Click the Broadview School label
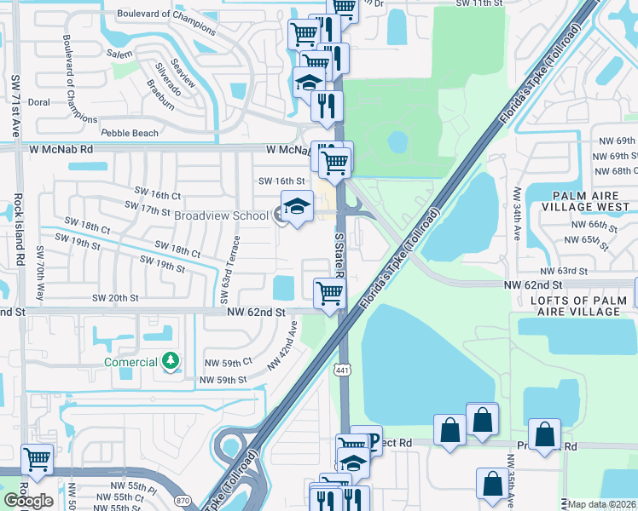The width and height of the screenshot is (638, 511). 220,215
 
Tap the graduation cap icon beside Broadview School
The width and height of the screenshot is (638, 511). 297,208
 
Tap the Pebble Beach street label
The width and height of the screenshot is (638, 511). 130,133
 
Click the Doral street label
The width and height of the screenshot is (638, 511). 38,101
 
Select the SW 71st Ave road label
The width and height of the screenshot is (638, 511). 15,106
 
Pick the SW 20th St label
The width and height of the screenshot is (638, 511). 115,298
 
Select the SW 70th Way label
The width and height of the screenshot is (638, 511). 39,274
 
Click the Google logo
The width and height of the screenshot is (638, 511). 28,502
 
